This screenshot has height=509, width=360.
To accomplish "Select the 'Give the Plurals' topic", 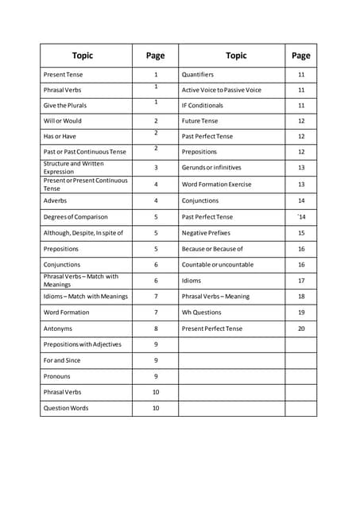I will tap(65, 106).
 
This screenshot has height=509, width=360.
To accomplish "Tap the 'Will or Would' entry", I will tap(63, 122).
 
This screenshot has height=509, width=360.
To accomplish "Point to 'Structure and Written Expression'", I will tap(73, 168).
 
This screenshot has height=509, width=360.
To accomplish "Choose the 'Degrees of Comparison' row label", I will tap(75, 217).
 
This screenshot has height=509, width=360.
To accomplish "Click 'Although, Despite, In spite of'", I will tap(83, 233).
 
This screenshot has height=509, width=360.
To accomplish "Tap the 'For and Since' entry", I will tap(62, 360).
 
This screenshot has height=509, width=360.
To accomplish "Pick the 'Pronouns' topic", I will tap(57, 376).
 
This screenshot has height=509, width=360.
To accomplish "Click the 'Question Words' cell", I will tap(66, 408).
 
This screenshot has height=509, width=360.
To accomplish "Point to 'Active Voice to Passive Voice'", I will tap(221, 90).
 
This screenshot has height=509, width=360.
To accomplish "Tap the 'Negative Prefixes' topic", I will tap(205, 233).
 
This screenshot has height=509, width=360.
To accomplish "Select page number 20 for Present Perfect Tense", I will tap(301, 328).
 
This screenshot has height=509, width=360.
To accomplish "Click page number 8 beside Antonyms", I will tap(156, 328).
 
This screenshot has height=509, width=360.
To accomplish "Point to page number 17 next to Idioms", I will tap(301, 281).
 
